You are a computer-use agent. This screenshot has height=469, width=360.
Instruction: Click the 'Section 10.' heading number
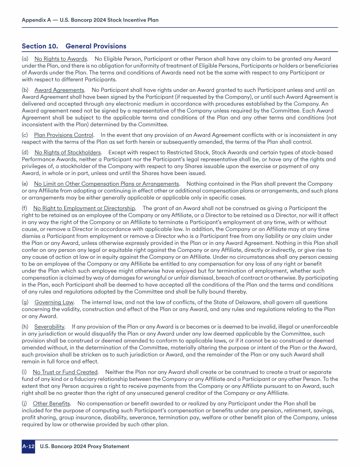(x=40, y=46)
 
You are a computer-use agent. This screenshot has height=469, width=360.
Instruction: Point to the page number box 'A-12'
(x=28, y=446)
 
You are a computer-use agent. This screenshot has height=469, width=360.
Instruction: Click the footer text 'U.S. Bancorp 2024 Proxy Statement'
(x=85, y=446)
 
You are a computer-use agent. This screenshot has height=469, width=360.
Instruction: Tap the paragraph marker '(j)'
(x=25, y=403)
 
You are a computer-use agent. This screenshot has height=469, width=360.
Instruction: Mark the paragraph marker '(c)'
(x=25, y=135)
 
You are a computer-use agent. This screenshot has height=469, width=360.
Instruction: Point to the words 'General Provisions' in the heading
(x=96, y=46)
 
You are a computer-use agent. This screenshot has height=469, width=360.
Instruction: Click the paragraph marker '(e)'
(x=26, y=183)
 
